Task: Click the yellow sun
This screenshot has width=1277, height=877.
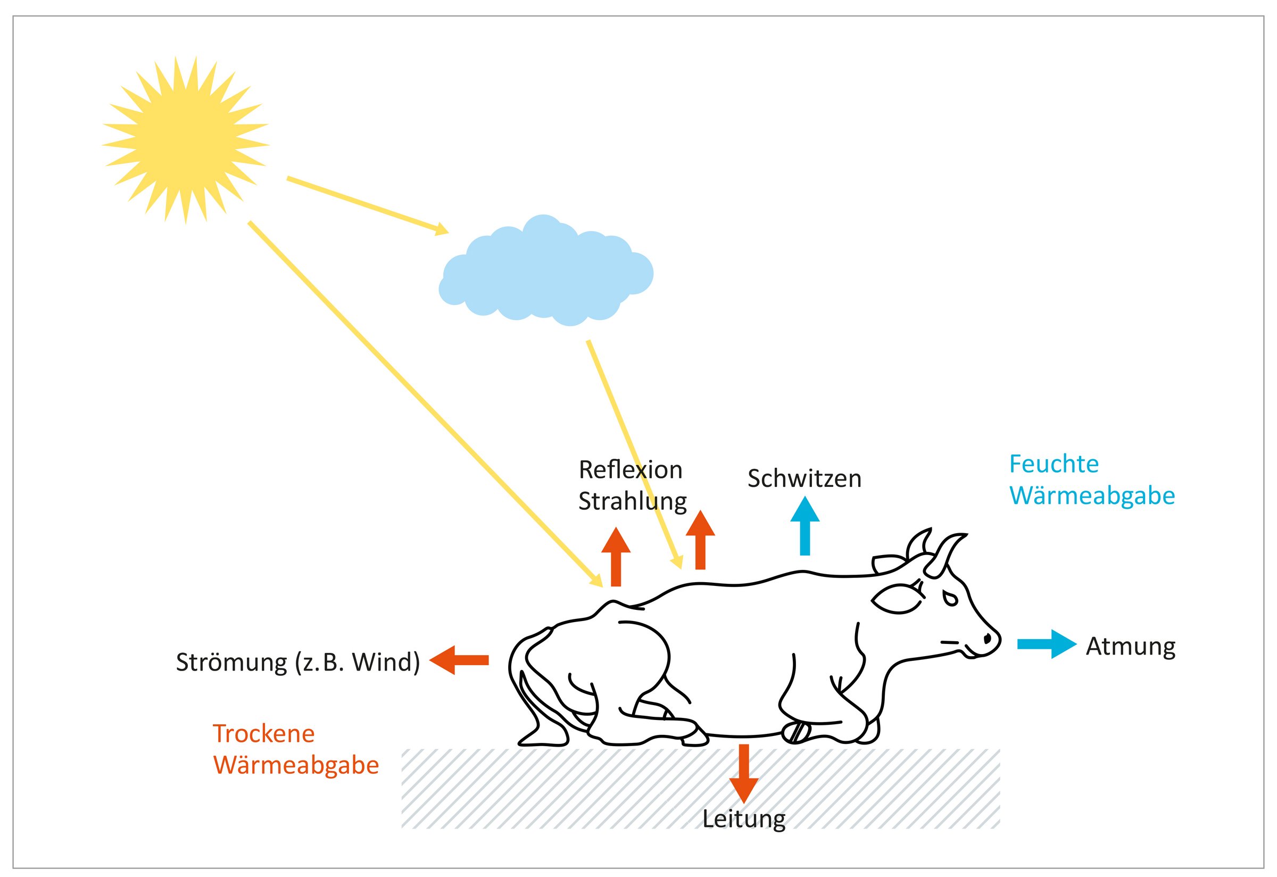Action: [x=185, y=139]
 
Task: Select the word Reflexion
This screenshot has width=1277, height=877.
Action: [x=631, y=470]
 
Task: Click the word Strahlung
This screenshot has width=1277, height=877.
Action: [x=633, y=502]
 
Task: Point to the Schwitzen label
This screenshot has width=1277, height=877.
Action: [x=804, y=478]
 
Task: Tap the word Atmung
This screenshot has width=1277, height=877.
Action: [x=1131, y=647]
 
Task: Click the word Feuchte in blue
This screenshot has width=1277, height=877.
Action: [x=1054, y=465]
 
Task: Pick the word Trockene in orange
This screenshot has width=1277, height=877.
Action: [x=264, y=733]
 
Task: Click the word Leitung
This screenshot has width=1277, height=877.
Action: [x=743, y=819]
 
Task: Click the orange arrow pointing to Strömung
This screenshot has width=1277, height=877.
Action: [x=459, y=660]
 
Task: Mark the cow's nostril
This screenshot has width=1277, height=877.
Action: [x=987, y=638]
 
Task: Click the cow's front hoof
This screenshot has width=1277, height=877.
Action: [x=796, y=732]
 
